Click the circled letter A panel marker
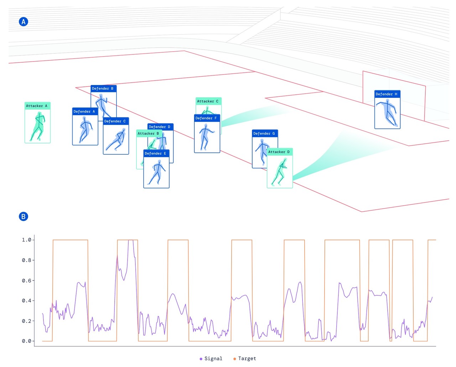(x=24, y=22)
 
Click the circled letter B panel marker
(x=24, y=216)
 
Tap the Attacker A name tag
(x=37, y=106)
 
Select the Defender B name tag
(x=103, y=88)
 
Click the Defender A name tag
(x=85, y=111)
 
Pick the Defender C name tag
(x=115, y=121)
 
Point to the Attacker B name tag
(x=149, y=133)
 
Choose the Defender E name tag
(x=156, y=153)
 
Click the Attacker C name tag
(x=208, y=101)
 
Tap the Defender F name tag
(x=207, y=118)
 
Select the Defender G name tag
(x=264, y=133)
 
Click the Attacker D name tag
(x=279, y=152)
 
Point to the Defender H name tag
(x=387, y=94)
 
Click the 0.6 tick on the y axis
(x=27, y=281)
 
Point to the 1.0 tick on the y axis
(x=27, y=240)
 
